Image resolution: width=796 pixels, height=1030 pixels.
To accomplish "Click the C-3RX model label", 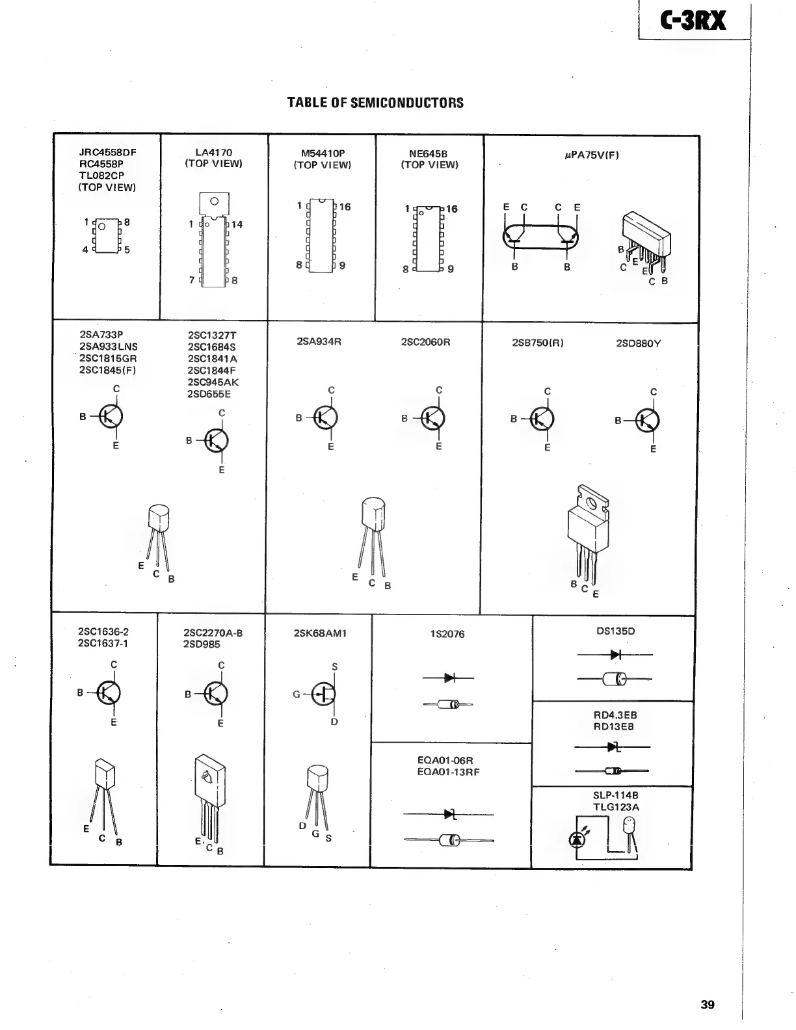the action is tap(693, 21).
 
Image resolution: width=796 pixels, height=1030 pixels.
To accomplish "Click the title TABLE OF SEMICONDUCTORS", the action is tap(375, 103).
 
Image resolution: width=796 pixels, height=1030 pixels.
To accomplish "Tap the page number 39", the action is tap(708, 1005).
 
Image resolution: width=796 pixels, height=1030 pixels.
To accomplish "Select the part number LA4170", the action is tap(213, 152).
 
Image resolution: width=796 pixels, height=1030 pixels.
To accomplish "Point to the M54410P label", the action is tap(323, 153).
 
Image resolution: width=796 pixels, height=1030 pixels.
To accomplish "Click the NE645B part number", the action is tap(429, 153).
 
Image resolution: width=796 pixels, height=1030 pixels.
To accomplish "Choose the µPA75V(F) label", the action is tap(591, 155).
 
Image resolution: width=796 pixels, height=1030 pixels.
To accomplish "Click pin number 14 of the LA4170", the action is tap(237, 224).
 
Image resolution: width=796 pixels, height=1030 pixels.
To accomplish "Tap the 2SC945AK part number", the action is tap(213, 382).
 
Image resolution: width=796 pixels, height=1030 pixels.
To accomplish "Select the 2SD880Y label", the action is tap(638, 343).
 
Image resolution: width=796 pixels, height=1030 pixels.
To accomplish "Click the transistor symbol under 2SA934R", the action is tap(326, 417).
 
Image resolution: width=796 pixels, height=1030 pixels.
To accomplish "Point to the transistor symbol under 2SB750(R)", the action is tap(542, 419).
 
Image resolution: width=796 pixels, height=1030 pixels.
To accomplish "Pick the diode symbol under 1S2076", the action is tap(449, 678).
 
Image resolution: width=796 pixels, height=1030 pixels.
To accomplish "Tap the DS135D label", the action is tap(615, 631).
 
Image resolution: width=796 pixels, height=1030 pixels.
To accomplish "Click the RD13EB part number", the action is tap(613, 726).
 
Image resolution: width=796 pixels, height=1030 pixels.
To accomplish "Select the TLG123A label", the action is tap(616, 807).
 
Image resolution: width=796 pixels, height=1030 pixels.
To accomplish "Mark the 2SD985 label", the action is tap(202, 644).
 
